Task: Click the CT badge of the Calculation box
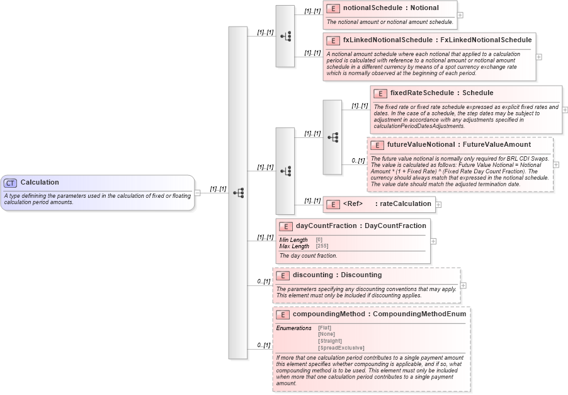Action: pos(10,183)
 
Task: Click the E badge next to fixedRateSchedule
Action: pos(380,93)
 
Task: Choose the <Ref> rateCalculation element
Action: pos(379,203)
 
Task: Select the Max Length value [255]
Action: pos(322,246)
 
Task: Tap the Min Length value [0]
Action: pos(319,239)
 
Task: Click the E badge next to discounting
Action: pos(283,275)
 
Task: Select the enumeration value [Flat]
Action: pos(325,328)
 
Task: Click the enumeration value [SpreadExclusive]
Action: pos(341,347)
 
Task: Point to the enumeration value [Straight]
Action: pos(330,341)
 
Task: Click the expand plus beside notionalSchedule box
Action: pos(461,15)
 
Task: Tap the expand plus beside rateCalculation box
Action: pos(438,204)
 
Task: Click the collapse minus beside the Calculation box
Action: pos(198,193)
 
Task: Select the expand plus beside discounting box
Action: pos(464,285)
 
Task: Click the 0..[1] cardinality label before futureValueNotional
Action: pos(358,161)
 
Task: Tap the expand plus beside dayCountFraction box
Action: pos(434,241)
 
